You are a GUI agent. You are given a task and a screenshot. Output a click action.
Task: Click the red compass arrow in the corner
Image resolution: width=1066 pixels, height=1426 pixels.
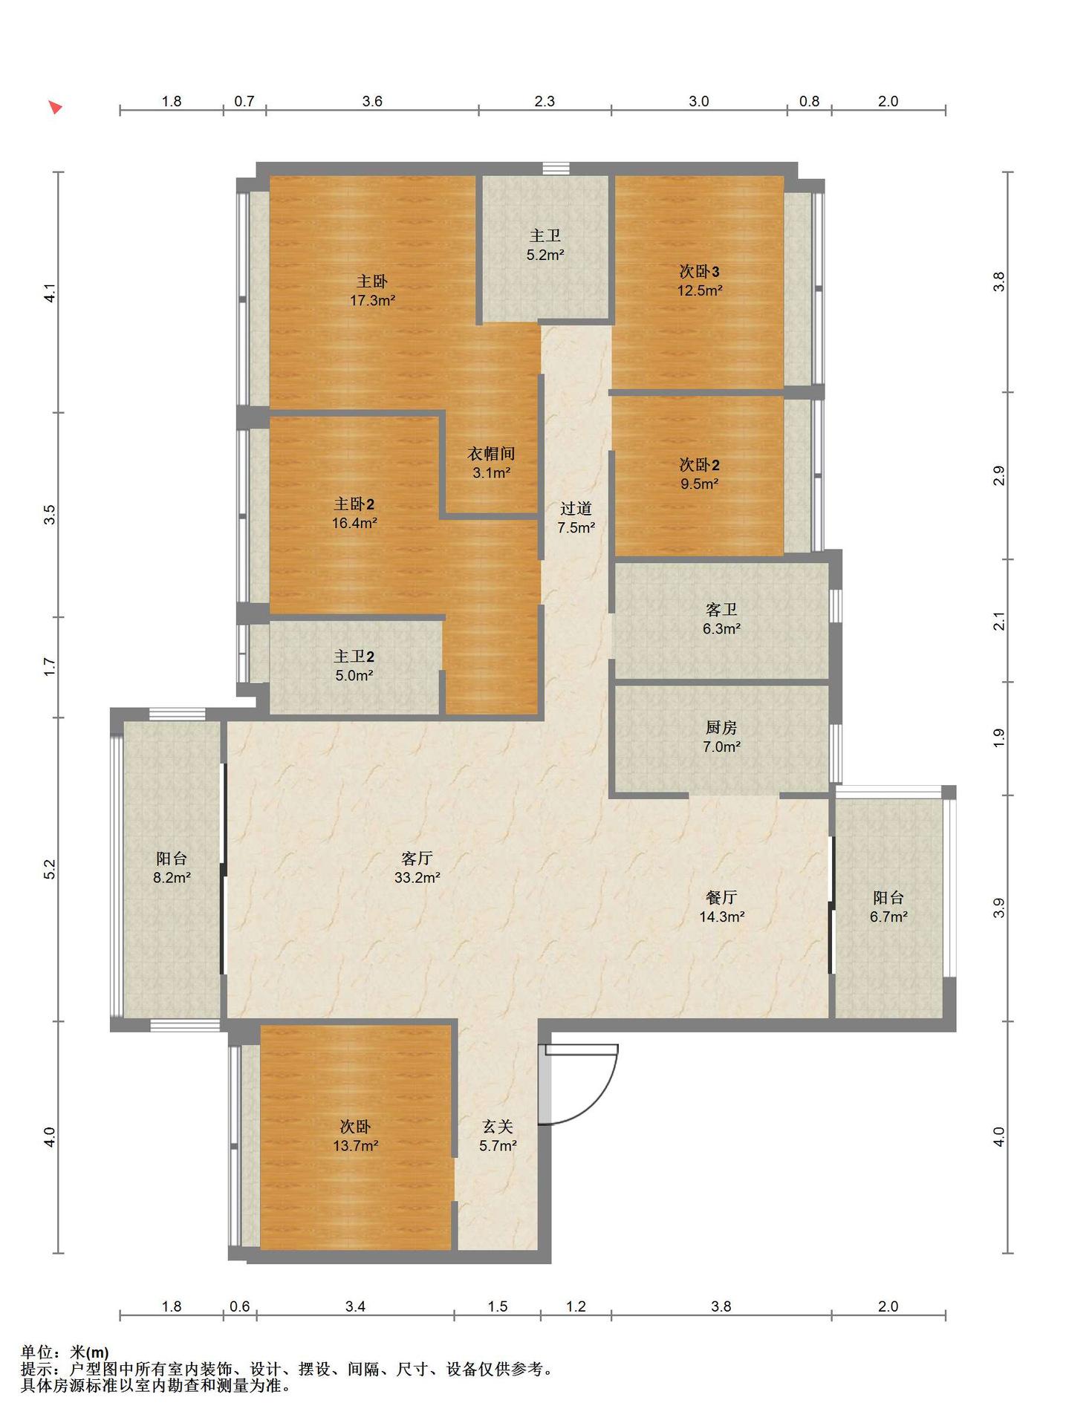pos(55,107)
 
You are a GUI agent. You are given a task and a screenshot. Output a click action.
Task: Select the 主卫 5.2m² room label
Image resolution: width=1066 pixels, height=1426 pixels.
pos(545,245)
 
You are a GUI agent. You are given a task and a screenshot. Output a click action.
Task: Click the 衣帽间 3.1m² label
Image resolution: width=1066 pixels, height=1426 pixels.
pos(491,463)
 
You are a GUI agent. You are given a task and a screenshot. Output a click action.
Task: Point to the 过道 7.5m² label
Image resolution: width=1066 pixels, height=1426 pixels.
pos(576,518)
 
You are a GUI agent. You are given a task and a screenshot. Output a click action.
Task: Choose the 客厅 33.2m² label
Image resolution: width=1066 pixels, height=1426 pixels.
pos(417,867)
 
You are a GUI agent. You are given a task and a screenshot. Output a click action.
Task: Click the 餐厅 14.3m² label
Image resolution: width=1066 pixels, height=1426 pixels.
pos(721,907)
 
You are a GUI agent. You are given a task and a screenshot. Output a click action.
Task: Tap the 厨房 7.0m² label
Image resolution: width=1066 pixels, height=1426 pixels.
pos(721,737)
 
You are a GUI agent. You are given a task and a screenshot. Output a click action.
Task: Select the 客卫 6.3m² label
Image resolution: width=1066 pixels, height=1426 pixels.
pos(721,619)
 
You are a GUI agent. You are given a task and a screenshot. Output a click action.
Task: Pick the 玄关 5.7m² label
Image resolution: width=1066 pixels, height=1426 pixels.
pos(498,1136)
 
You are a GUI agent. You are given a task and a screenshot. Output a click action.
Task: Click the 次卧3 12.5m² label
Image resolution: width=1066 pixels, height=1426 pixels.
pos(699,280)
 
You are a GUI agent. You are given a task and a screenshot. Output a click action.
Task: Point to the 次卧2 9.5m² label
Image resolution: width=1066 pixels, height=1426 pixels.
pos(699,474)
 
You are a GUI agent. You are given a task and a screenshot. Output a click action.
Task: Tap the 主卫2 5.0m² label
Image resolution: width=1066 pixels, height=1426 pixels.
pos(354,665)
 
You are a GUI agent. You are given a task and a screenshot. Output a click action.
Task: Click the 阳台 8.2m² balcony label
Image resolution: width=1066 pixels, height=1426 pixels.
pos(172,867)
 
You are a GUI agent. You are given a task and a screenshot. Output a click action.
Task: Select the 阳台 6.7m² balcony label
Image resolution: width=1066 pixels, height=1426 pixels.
pos(888,907)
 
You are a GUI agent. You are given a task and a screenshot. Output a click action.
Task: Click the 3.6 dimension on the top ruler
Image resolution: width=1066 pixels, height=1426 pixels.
pos(372,101)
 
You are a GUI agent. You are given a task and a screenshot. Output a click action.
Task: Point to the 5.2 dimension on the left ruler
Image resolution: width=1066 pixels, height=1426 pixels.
pos(49,869)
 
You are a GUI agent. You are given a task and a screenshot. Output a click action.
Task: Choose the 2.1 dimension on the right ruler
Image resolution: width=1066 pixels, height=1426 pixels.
pos(999,620)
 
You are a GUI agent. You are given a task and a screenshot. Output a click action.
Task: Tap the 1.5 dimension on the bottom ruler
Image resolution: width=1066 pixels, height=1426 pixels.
pos(498,1306)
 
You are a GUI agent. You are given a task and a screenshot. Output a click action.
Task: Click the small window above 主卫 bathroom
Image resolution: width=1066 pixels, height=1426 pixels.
pos(556,169)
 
